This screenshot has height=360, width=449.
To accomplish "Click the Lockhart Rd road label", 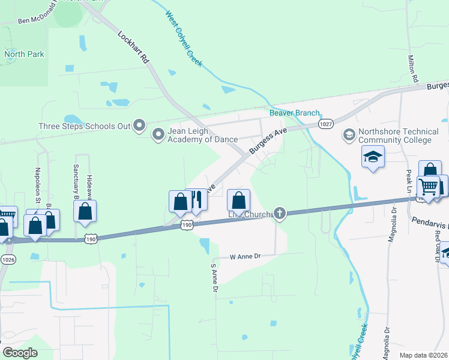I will (134, 47).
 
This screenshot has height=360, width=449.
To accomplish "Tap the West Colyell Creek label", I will (184, 38).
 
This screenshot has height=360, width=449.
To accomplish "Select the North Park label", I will (25, 54).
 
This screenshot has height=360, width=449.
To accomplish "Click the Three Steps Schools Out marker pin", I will (140, 125).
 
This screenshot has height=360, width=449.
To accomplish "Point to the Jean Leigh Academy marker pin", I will (158, 134).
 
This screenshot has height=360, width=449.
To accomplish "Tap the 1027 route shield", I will (326, 124).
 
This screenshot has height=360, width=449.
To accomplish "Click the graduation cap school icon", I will (373, 157).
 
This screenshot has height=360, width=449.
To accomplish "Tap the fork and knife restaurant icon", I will (196, 200).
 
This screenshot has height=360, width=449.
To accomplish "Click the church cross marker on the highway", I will (279, 213).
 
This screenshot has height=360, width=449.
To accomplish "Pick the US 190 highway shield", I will (187, 224).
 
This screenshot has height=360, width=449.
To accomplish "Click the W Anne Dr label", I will (246, 256).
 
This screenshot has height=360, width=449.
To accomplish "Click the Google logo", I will (20, 352).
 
